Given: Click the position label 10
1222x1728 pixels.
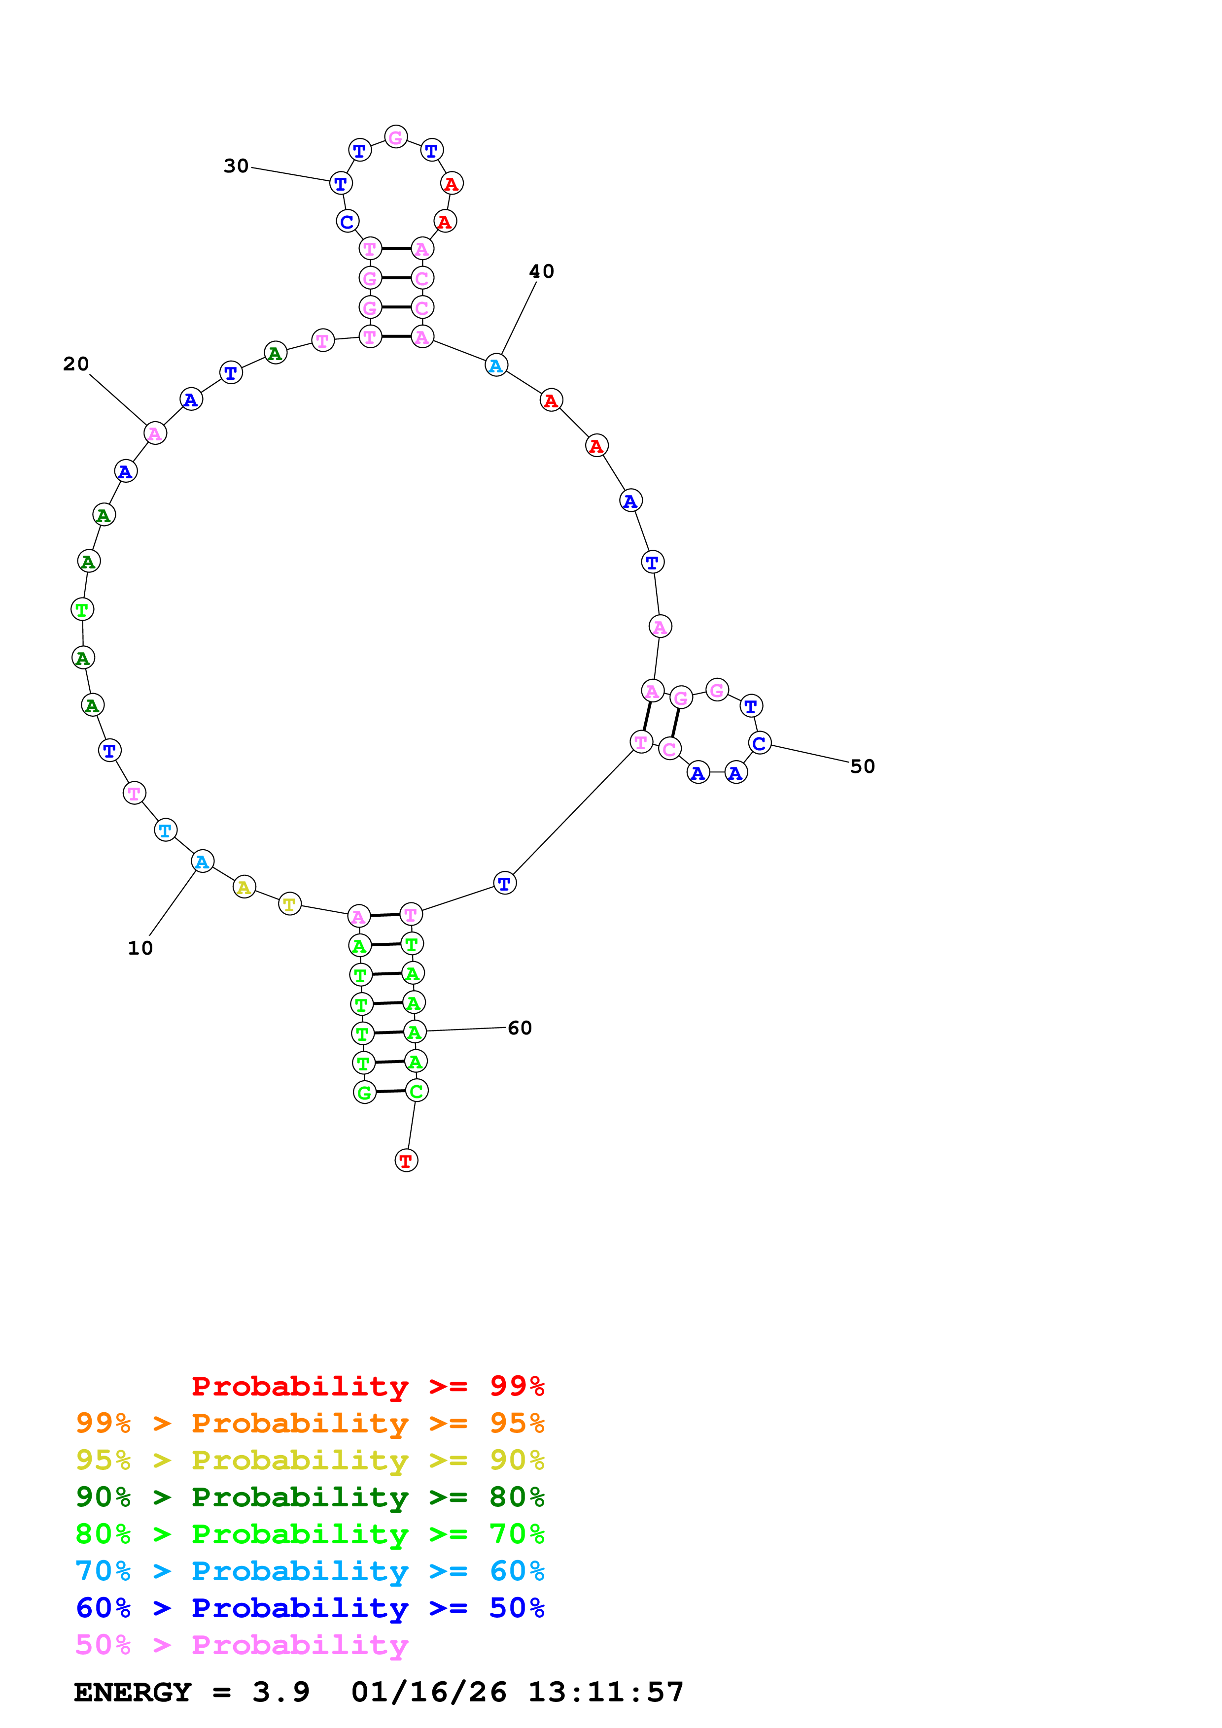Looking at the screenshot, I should coord(140,948).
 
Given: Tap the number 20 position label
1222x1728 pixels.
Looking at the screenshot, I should coord(76,364).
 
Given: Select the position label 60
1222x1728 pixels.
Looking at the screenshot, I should coord(520,1028).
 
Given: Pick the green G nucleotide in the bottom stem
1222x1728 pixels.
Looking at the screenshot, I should coord(364,1093).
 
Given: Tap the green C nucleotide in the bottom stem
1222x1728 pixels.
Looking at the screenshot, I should coord(417,1091).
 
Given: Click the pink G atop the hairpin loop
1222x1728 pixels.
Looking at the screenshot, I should coord(396,137).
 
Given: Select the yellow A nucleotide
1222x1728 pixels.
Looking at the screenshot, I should coord(244,887).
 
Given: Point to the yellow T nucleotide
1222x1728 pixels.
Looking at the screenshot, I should coord(290,904).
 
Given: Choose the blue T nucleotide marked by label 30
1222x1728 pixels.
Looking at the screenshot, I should coord(341,183).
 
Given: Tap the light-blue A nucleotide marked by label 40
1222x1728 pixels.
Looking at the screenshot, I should coord(496,366).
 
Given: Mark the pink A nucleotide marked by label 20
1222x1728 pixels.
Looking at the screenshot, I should coord(155,433).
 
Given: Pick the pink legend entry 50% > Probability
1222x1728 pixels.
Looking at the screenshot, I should coord(242,1644).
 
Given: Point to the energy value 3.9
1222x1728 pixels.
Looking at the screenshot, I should coord(281,1692).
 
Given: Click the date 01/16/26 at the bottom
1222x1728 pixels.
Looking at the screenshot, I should coord(428,1692).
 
